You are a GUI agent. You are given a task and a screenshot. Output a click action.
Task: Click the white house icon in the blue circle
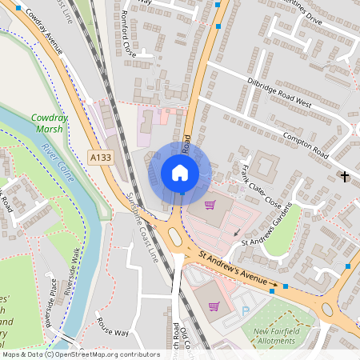[180, 172]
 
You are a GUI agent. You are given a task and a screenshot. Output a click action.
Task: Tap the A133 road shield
[100, 158]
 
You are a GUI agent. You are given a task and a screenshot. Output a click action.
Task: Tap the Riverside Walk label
[74, 272]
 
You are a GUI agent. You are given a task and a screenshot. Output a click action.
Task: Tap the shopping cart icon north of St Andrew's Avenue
[210, 206]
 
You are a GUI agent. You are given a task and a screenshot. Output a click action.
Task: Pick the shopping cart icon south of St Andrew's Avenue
[214, 306]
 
